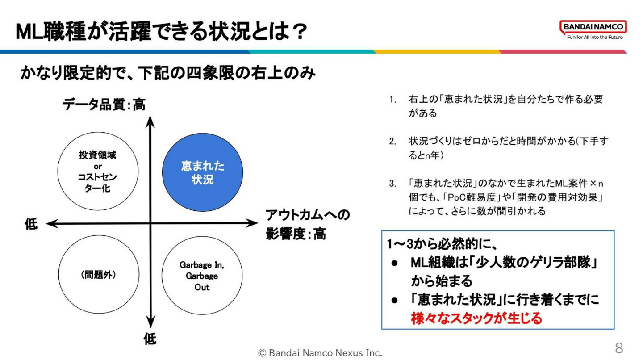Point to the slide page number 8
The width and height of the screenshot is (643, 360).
(x=619, y=347)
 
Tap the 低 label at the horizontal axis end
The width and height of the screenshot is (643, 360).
(x=31, y=224)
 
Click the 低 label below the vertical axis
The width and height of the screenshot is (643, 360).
(x=150, y=339)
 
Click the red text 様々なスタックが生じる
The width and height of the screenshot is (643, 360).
(x=476, y=318)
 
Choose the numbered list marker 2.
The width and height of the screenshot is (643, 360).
(x=392, y=142)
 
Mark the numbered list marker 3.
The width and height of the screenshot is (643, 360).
(x=392, y=184)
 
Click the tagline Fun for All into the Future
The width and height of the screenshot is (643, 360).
(x=594, y=37)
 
